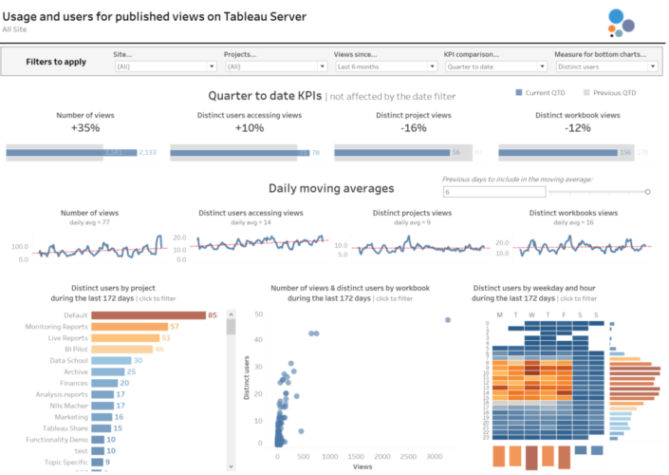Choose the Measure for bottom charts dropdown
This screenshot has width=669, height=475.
click(605, 66)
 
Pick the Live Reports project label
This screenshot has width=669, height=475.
click(68, 337)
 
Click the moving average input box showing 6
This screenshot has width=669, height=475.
click(493, 191)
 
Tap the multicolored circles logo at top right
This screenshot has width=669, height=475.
click(622, 21)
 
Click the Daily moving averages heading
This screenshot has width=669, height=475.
click(331, 188)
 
